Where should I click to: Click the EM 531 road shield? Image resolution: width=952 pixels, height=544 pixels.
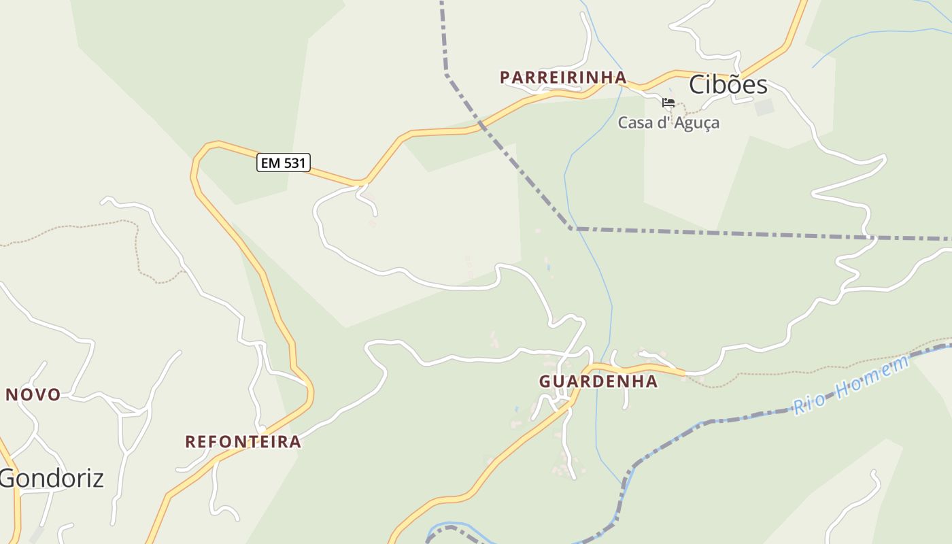[x=284, y=163]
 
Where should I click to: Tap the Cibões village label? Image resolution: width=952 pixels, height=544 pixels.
[x=728, y=85]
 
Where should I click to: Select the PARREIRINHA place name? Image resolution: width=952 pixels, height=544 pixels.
[x=563, y=78]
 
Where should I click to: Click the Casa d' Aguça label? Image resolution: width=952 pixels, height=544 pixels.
[x=668, y=123]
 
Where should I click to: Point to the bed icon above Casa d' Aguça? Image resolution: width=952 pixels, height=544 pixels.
[x=668, y=103]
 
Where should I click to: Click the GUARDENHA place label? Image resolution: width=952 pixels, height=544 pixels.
[x=598, y=381]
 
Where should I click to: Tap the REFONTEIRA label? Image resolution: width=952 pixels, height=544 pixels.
[x=243, y=442]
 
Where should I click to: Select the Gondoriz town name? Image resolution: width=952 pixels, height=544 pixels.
[x=52, y=479]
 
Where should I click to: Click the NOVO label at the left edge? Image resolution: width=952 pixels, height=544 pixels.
[x=33, y=394]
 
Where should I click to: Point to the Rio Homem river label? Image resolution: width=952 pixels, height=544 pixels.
[x=851, y=386]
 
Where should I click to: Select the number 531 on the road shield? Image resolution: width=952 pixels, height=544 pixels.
[x=293, y=163]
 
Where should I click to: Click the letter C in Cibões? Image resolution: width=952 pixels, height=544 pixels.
[x=698, y=85]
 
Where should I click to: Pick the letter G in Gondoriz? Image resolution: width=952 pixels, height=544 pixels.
[x=9, y=479]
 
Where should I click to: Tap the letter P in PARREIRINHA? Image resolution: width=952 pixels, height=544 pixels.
[x=505, y=78]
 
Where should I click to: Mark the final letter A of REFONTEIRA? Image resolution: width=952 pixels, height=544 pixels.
[x=295, y=442]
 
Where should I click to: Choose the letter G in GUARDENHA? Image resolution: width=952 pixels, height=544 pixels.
[x=545, y=381]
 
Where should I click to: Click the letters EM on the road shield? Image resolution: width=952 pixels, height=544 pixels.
[x=271, y=163]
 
